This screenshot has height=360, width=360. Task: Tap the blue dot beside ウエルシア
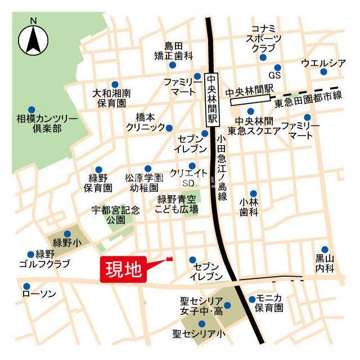323,71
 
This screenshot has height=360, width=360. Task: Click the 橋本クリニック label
145,122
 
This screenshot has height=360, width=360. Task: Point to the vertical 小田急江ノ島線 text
222,165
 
